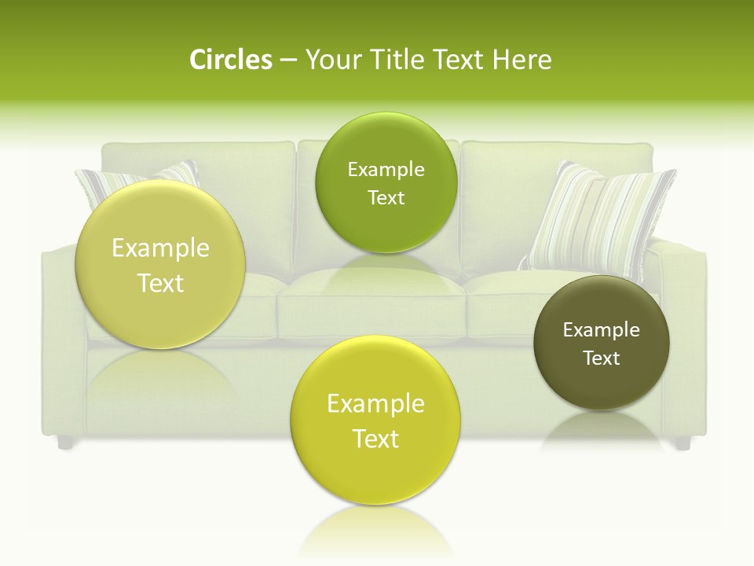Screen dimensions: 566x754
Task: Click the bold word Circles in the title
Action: click(231, 60)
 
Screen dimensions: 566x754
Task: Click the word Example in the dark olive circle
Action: click(602, 330)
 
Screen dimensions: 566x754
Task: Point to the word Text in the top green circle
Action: click(386, 198)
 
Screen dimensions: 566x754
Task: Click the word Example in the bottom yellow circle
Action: click(375, 404)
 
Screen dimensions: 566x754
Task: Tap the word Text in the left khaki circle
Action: click(160, 283)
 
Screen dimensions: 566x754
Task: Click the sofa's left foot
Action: click(65, 443)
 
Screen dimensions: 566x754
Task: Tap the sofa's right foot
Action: click(682, 443)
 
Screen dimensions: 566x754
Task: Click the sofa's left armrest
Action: click(59, 330)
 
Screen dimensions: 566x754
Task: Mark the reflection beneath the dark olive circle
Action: click(602, 430)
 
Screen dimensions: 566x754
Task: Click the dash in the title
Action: click(288, 60)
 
